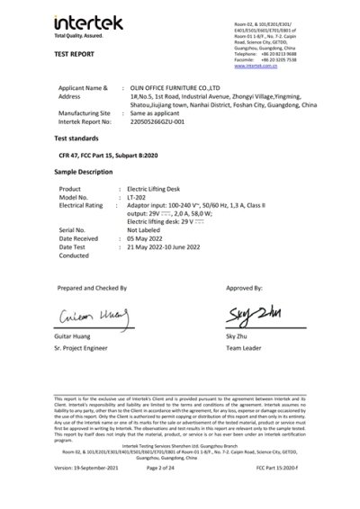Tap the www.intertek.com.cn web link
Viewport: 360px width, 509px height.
255,67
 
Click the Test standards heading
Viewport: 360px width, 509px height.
77,139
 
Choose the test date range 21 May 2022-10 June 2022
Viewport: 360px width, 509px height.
173,246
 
